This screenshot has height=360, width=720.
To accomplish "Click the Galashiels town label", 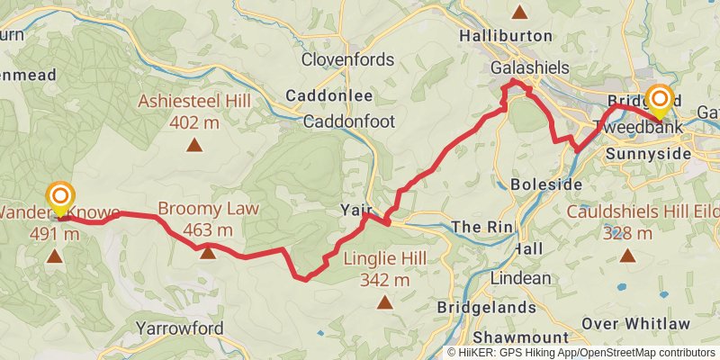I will pos(531,67).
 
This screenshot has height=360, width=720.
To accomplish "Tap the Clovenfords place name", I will pos(347,60).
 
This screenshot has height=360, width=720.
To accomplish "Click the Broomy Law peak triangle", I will pos(208,253).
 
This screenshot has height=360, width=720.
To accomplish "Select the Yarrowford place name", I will pos(179,328).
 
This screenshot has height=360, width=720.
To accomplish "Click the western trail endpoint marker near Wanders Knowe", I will pos(60,197).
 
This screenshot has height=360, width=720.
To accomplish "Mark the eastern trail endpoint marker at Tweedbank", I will pos(661,100).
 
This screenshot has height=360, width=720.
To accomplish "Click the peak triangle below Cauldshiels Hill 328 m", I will pos(626,256).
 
